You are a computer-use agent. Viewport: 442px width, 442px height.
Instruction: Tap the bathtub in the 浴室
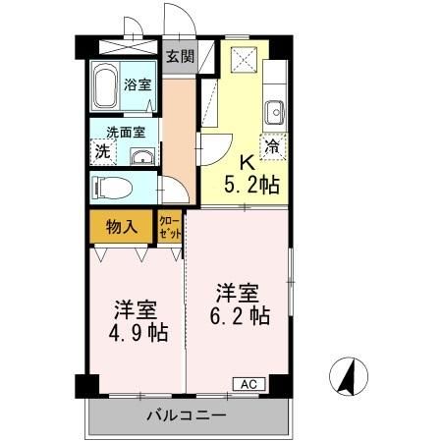tap(105, 86)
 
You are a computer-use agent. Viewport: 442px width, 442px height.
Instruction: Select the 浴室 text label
tap(138, 85)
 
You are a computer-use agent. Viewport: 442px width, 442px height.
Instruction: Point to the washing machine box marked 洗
tap(101, 152)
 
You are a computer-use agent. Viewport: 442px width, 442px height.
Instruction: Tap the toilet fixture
tap(109, 185)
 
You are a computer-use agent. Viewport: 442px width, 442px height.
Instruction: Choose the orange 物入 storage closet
tap(120, 227)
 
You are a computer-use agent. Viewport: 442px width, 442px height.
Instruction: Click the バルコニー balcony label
tap(184, 416)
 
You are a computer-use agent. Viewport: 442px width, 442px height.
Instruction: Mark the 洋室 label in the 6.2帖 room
tap(238, 292)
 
